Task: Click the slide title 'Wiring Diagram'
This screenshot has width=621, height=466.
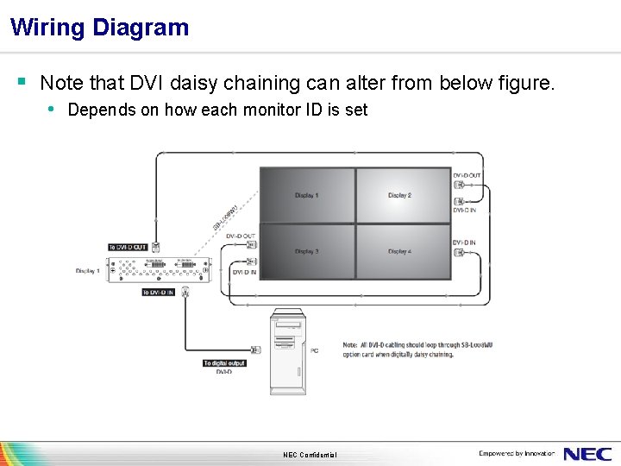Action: (x=100, y=28)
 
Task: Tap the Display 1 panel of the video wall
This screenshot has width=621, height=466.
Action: (x=307, y=195)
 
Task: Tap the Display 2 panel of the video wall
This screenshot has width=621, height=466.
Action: (x=401, y=195)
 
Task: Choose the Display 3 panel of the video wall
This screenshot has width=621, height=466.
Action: (x=307, y=251)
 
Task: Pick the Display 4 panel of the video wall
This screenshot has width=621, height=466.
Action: (x=401, y=251)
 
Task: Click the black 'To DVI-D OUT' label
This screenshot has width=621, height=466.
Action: (x=128, y=248)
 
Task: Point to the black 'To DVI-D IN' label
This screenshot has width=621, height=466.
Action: (x=159, y=293)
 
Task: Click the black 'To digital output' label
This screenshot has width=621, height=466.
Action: (x=224, y=363)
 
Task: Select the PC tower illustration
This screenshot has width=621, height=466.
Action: (x=288, y=350)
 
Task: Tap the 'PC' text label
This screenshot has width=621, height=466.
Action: (x=314, y=350)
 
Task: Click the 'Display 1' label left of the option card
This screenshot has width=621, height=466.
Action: (x=88, y=271)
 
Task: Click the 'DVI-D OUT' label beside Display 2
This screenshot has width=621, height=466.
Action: (x=467, y=175)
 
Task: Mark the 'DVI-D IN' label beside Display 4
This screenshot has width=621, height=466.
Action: (x=464, y=242)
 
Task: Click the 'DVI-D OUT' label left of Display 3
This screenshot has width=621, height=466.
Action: (x=241, y=236)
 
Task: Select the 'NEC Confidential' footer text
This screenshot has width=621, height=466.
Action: (x=310, y=455)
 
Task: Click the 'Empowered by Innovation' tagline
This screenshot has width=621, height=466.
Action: (x=517, y=453)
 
